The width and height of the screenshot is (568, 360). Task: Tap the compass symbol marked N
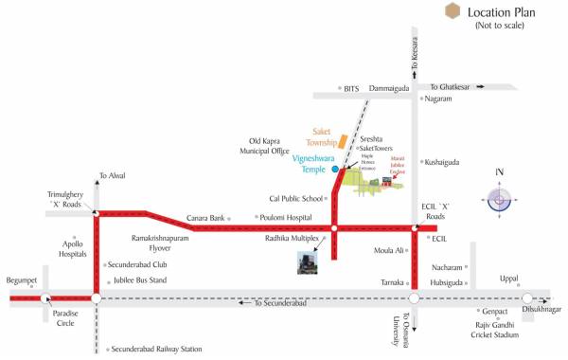click(x=499, y=200)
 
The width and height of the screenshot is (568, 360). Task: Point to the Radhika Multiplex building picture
click(x=307, y=262)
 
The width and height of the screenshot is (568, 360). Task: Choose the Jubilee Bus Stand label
click(x=138, y=280)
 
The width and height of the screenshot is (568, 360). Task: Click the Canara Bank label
click(x=205, y=218)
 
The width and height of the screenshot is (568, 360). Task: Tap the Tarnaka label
click(x=391, y=282)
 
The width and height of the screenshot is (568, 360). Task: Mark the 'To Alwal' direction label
click(x=113, y=175)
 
